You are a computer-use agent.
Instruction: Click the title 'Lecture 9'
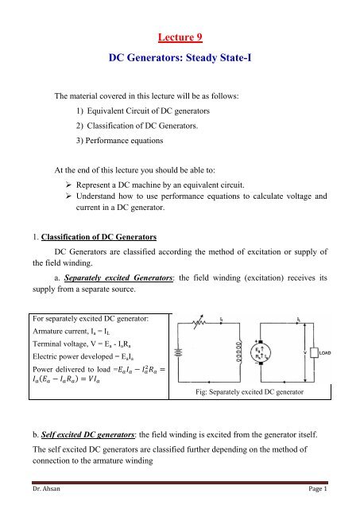[x=180, y=37]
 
